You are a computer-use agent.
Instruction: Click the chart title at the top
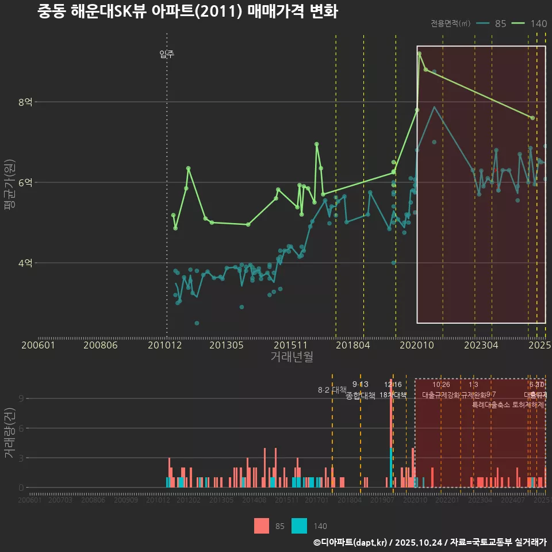[187, 11]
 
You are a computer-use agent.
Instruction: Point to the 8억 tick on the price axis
[26, 102]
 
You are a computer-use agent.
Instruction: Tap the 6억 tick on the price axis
[26, 183]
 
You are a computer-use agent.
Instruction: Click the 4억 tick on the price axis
[26, 263]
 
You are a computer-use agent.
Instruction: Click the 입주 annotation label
[167, 55]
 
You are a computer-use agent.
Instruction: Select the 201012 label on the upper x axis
[165, 346]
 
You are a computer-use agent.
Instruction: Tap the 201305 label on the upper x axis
[226, 346]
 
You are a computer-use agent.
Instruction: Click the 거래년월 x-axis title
[292, 356]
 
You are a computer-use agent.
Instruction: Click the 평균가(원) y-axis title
[9, 187]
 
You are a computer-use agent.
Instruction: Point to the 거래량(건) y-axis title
[9, 434]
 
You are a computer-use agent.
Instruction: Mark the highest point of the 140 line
[420, 53]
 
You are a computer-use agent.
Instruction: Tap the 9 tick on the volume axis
[21, 398]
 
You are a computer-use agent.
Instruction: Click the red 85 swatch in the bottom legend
[262, 526]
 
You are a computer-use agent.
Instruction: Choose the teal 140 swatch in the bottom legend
[299, 526]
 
